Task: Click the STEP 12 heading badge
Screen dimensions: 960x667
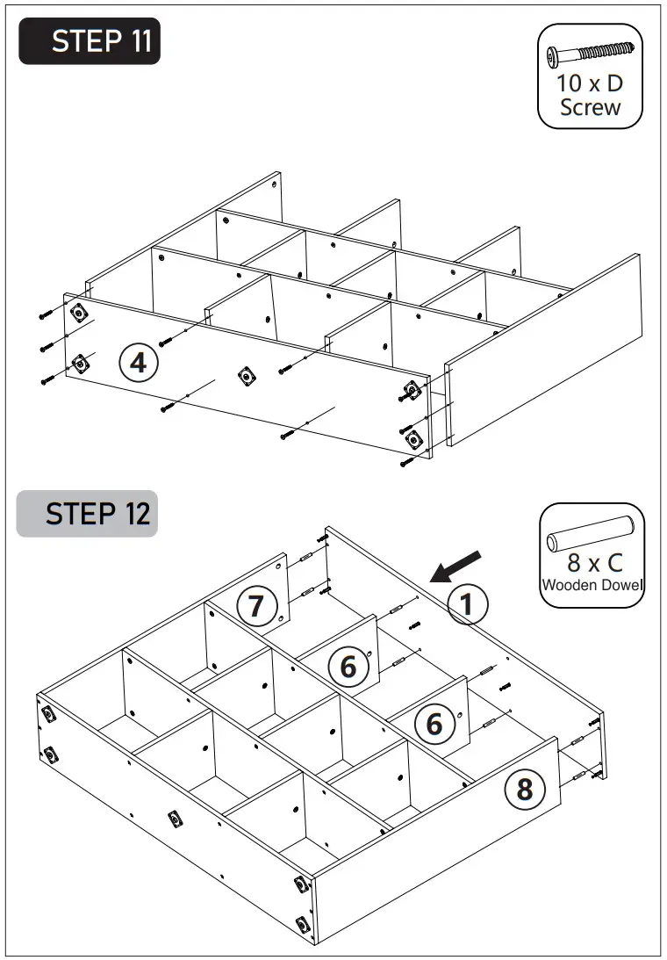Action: pyautogui.click(x=88, y=513)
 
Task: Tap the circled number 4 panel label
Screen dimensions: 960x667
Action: pyautogui.click(x=138, y=362)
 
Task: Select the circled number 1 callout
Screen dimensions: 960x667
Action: pyautogui.click(x=467, y=604)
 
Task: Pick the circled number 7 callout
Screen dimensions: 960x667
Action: pyautogui.click(x=255, y=607)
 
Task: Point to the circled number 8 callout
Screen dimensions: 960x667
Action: pyautogui.click(x=524, y=789)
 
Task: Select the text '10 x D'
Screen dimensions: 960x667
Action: pyautogui.click(x=590, y=84)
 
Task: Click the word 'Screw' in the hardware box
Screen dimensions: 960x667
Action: pyautogui.click(x=590, y=108)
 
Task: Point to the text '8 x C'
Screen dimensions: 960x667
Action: pyautogui.click(x=591, y=562)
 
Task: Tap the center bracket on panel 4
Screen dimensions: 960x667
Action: pyautogui.click(x=247, y=377)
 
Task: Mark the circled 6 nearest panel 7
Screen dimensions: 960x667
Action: pyautogui.click(x=348, y=668)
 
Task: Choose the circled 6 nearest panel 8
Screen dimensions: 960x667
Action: pyautogui.click(x=434, y=724)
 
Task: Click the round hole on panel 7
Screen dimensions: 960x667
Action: pyautogui.click(x=281, y=619)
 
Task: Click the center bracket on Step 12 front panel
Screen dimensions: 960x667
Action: pyautogui.click(x=173, y=819)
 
